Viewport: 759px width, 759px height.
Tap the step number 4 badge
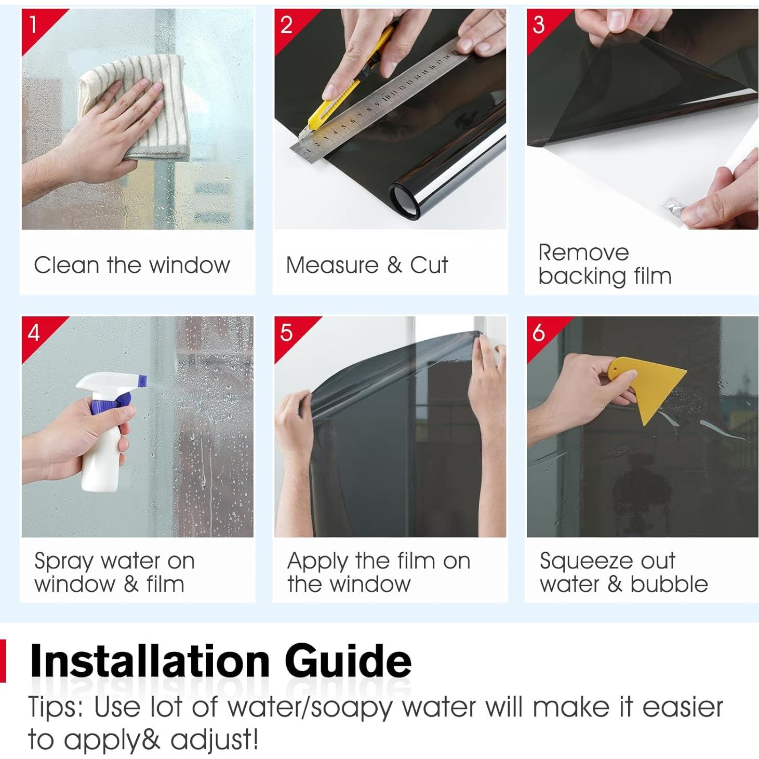click(37, 334)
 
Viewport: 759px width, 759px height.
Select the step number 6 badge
click(542, 334)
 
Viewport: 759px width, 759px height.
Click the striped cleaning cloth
click(134, 107)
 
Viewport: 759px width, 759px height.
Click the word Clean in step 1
click(66, 265)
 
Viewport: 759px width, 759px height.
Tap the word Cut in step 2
click(429, 265)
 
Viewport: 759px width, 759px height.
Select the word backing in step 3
click(582, 276)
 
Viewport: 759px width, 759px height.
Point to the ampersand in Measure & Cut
click(394, 265)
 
